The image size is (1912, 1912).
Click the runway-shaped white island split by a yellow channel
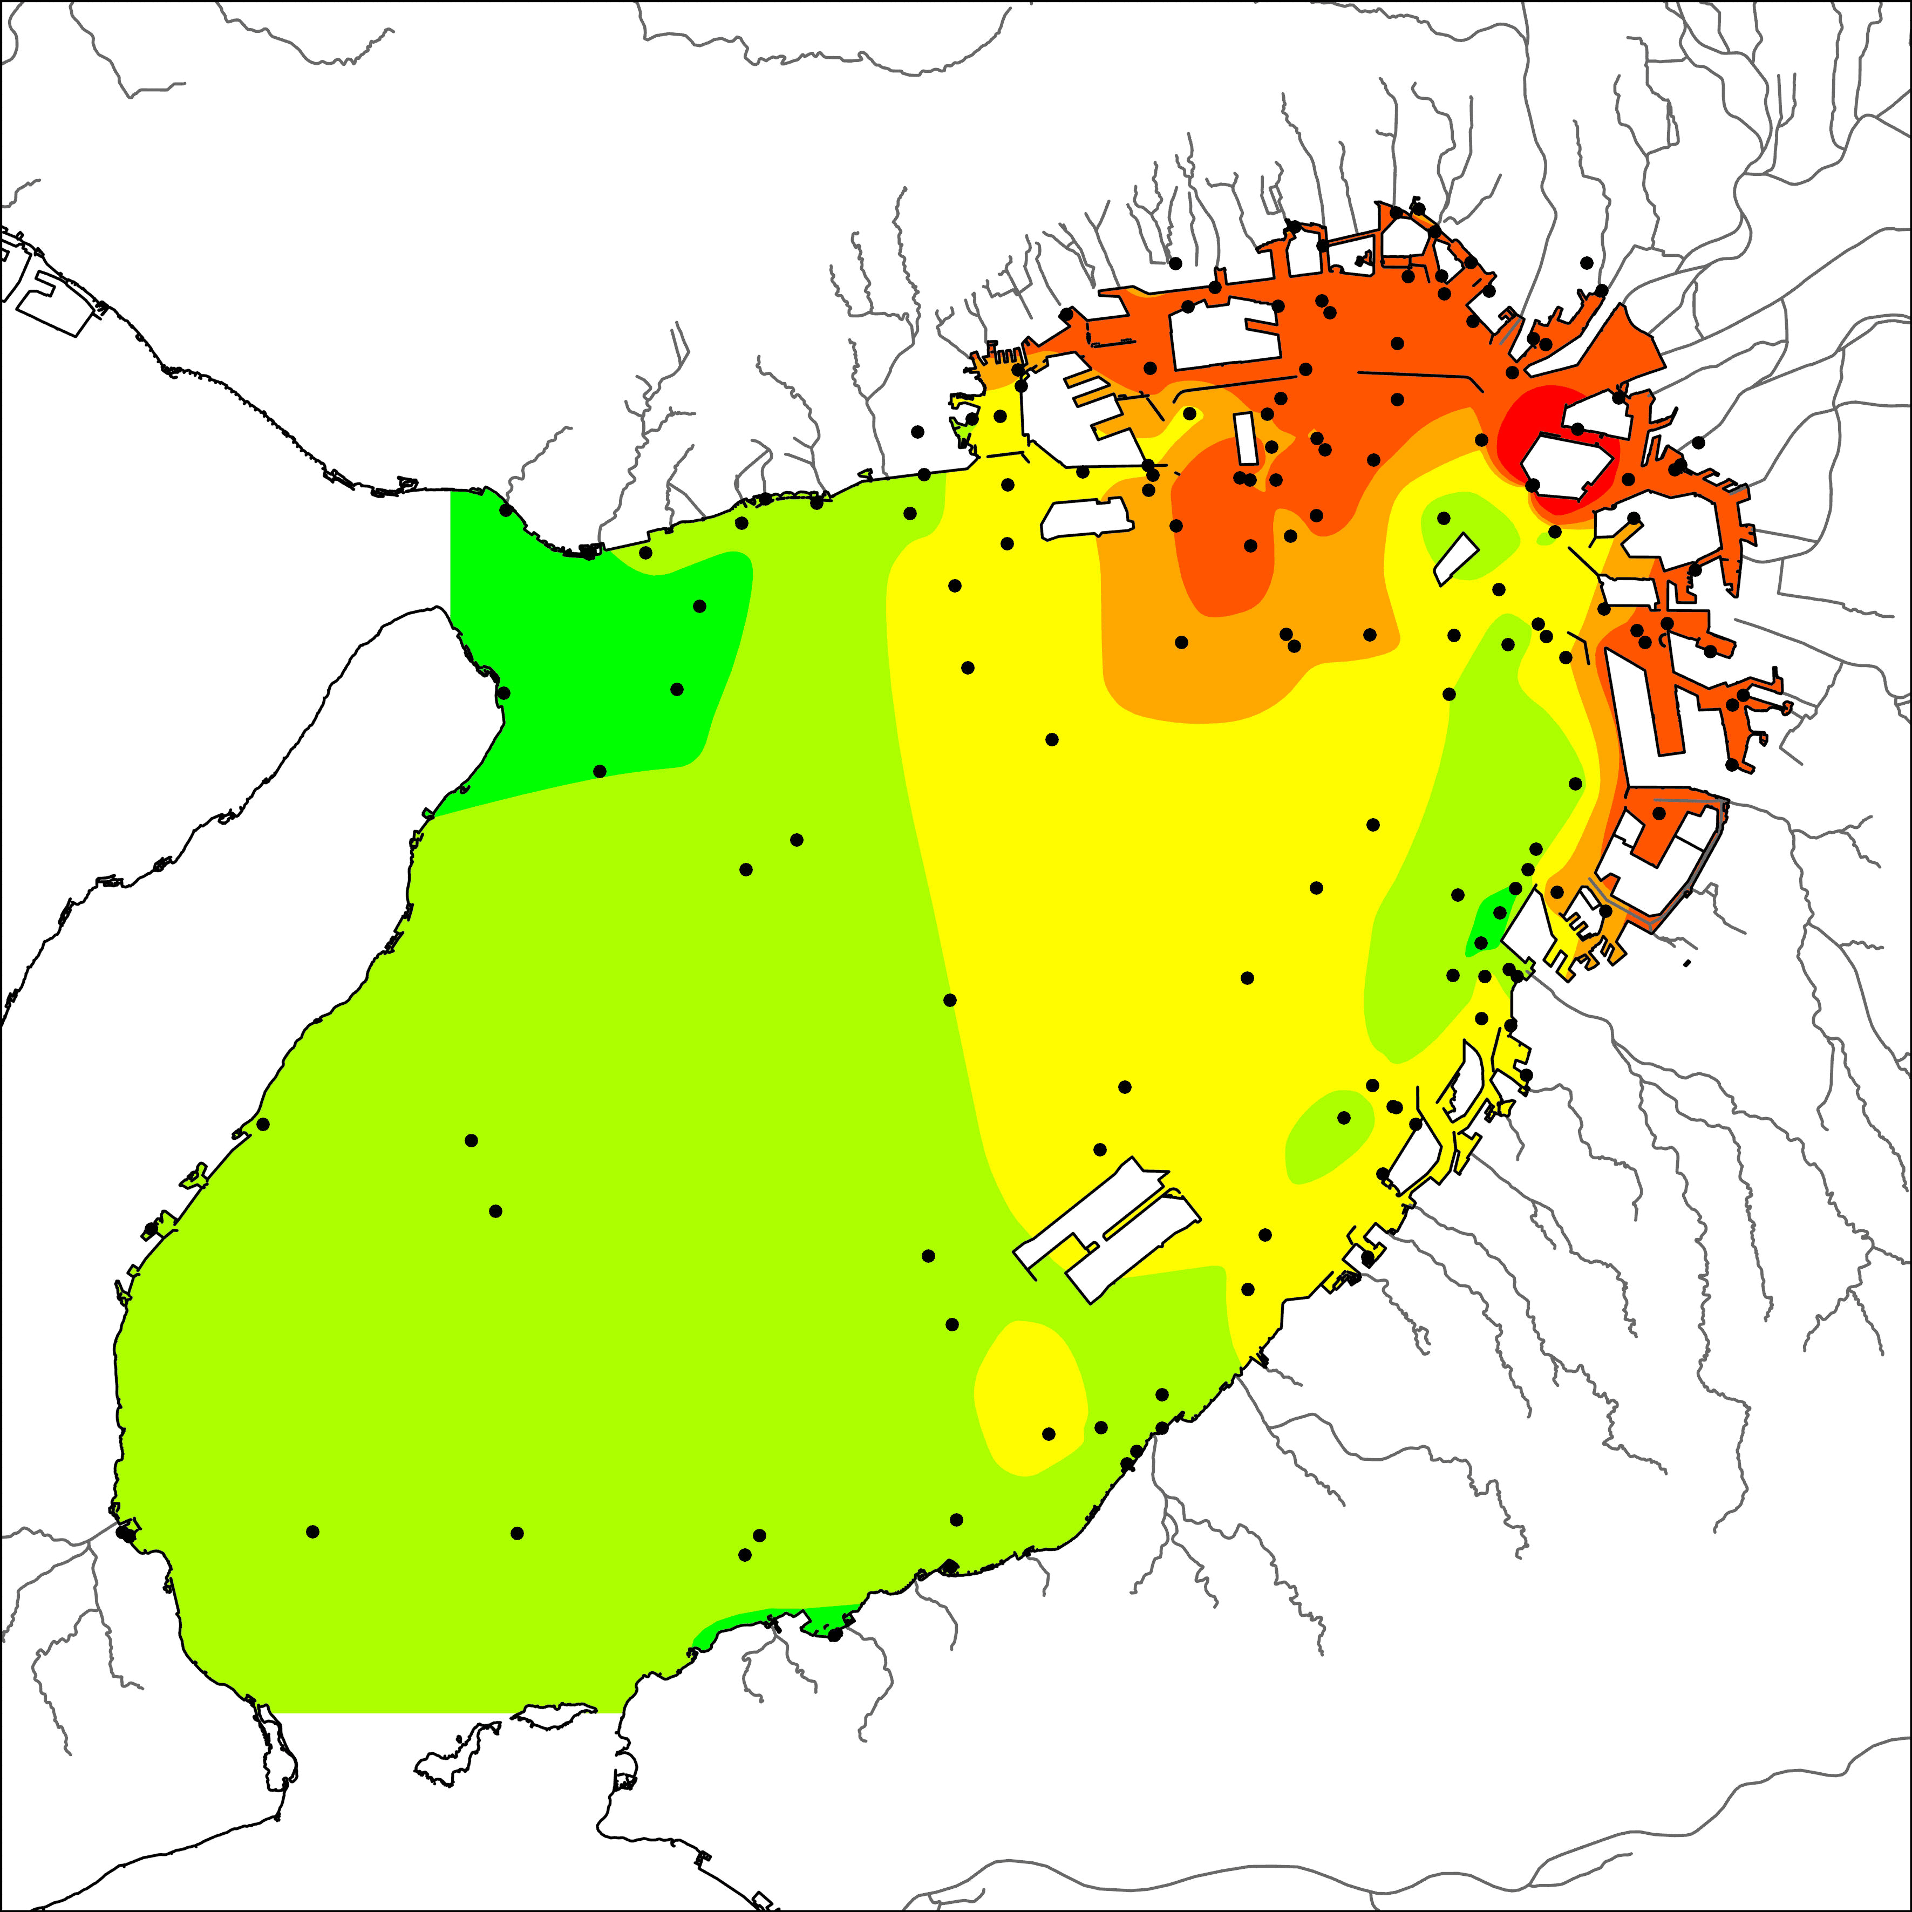(x=1108, y=1227)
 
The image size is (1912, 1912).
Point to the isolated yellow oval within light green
(x=1029, y=1396)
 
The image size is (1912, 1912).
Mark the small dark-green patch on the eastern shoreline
(x=1487, y=926)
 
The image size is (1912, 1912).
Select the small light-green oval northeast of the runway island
(x=1331, y=1133)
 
